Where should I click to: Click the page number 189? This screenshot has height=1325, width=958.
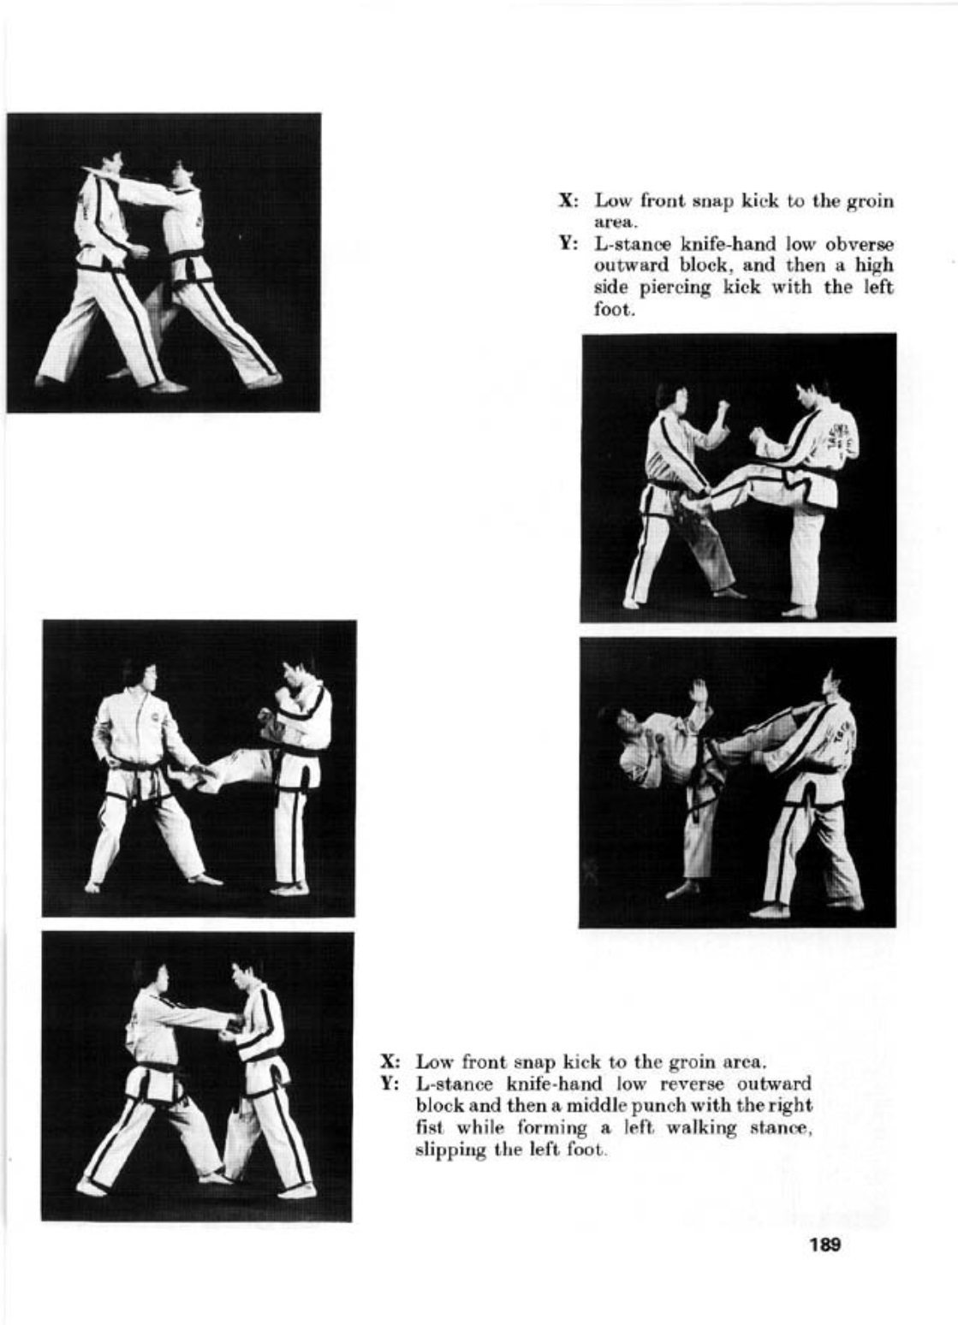824,1244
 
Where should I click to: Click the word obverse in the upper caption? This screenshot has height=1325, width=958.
859,245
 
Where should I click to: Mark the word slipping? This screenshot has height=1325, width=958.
446,1150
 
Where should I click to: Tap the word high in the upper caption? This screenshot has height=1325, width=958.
874,266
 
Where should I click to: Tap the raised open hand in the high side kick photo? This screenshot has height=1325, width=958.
699,689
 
